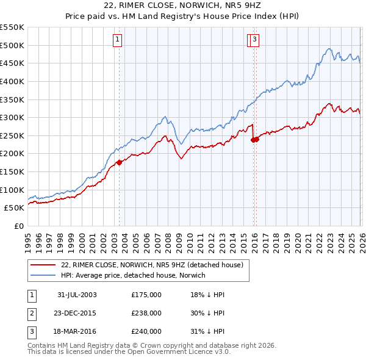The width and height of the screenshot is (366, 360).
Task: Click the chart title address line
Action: pos(183,7)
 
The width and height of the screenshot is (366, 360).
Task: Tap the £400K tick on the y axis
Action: pos(12,81)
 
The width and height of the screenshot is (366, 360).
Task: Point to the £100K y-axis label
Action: pos(12,190)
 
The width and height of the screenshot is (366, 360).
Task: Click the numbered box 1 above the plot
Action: pos(117,41)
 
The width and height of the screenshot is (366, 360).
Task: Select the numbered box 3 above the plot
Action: pos(254,41)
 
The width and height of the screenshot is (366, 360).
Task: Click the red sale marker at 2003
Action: pos(120,162)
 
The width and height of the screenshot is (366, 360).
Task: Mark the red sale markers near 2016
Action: pos(255,139)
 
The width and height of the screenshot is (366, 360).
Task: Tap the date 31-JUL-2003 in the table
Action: pos(77,295)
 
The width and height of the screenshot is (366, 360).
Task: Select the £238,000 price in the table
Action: pos(146,313)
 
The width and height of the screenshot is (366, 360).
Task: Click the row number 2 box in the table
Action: pos(32,313)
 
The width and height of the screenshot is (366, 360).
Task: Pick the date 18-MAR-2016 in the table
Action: pos(77,331)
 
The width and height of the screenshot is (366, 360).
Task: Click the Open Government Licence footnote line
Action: pos(129,352)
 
